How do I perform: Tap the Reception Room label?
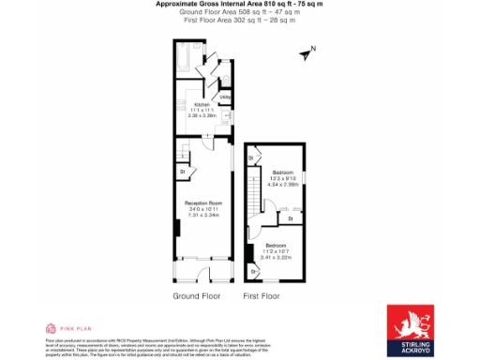click(x=202, y=202)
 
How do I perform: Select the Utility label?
click(x=225, y=96)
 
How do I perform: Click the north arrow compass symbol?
click(x=306, y=53)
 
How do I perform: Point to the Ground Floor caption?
click(x=197, y=295)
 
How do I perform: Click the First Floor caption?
click(x=262, y=295)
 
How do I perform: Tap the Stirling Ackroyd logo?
click(x=410, y=329)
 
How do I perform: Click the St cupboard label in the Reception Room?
click(x=182, y=172)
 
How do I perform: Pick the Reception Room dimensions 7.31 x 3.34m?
click(x=202, y=215)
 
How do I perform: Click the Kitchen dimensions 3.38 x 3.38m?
click(x=202, y=117)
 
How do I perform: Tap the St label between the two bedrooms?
click(x=291, y=219)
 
